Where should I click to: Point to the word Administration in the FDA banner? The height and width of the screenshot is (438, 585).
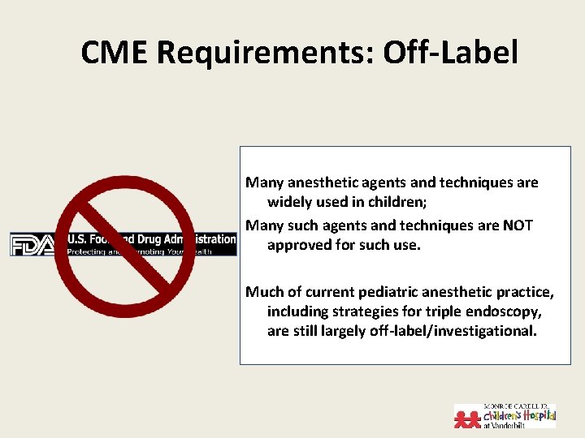click(202, 239)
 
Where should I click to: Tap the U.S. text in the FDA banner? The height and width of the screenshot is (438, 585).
click(76, 239)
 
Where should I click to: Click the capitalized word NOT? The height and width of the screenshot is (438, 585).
click(516, 225)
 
